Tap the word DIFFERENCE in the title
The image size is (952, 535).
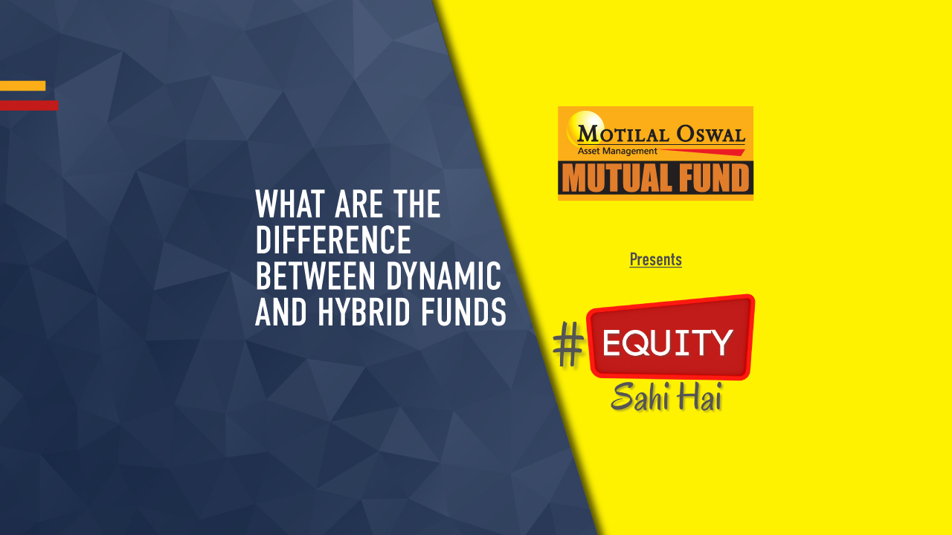pyautogui.click(x=333, y=240)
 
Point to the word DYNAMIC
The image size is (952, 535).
pyautogui.click(x=443, y=276)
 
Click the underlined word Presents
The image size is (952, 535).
pyautogui.click(x=655, y=259)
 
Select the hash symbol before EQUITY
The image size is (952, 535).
pyautogui.click(x=569, y=348)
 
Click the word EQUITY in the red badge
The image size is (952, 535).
pyautogui.click(x=668, y=343)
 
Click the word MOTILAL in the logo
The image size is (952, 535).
pyautogui.click(x=624, y=134)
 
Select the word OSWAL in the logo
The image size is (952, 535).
pyautogui.click(x=710, y=134)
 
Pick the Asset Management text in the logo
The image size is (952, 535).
pyautogui.click(x=617, y=151)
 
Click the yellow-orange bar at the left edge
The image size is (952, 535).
pyautogui.click(x=22, y=85)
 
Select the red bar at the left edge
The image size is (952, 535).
pyautogui.click(x=28, y=106)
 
